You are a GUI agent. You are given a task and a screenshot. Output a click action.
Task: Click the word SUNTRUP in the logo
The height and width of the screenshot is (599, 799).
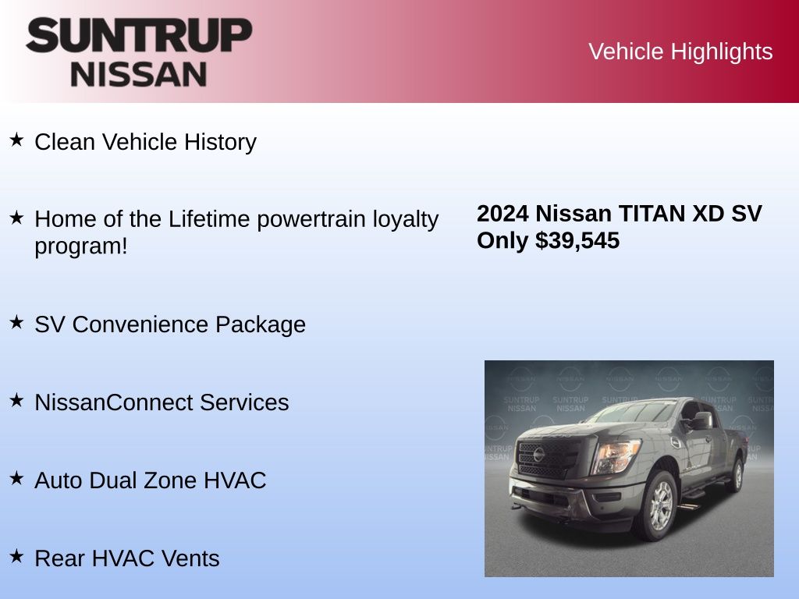pyautogui.click(x=139, y=35)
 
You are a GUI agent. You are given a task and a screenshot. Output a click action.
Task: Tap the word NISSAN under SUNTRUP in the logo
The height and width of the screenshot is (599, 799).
pyautogui.click(x=139, y=75)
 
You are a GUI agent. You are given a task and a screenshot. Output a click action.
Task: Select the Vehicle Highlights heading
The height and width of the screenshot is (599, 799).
pyautogui.click(x=680, y=51)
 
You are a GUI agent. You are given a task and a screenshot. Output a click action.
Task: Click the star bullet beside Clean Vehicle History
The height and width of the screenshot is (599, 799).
pyautogui.click(x=17, y=140)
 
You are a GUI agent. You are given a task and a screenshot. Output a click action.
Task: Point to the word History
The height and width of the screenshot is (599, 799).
pyautogui.click(x=220, y=142)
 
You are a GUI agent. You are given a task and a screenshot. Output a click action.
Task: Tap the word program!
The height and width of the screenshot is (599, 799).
pyautogui.click(x=81, y=247)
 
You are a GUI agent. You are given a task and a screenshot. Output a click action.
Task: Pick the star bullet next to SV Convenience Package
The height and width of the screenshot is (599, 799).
pyautogui.click(x=17, y=322)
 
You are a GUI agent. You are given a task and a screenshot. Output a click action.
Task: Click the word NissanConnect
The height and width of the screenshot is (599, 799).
pyautogui.click(x=113, y=402)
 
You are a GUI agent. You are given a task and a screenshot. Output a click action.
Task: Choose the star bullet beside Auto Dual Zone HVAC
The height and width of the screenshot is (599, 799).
pyautogui.click(x=17, y=478)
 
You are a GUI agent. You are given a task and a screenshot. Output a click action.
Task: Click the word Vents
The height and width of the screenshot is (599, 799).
pyautogui.click(x=190, y=558)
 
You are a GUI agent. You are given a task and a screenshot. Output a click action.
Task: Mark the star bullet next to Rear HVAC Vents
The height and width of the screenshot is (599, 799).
pyautogui.click(x=17, y=555)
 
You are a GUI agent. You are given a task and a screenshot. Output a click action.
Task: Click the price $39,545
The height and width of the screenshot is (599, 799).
pyautogui.click(x=577, y=240)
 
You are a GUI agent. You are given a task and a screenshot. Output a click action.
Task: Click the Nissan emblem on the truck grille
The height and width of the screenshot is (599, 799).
pyautogui.click(x=539, y=455)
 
